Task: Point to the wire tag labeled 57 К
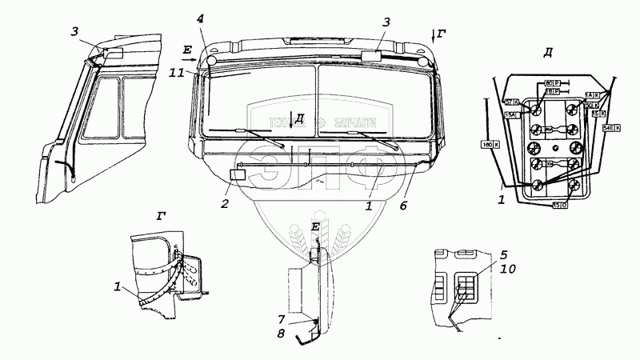512,102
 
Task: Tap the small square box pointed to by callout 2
237,175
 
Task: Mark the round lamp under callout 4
211,59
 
